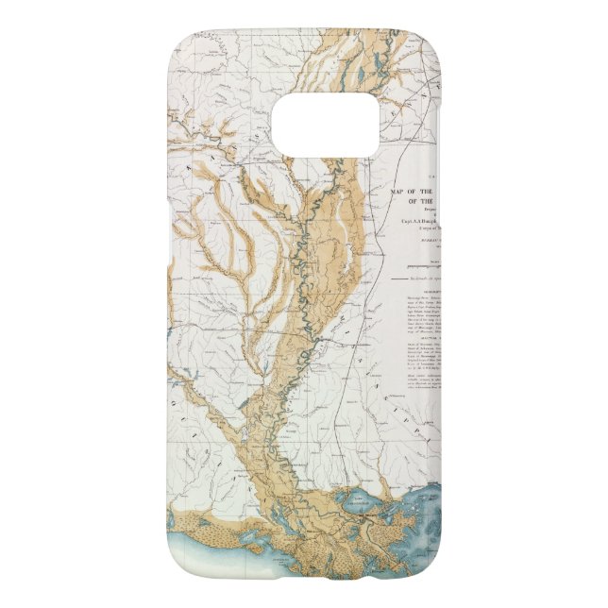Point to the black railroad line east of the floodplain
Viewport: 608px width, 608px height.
[373, 283]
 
